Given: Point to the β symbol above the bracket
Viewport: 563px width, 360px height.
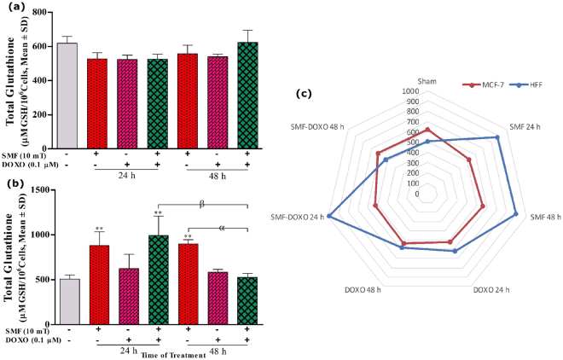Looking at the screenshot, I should [202, 204].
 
